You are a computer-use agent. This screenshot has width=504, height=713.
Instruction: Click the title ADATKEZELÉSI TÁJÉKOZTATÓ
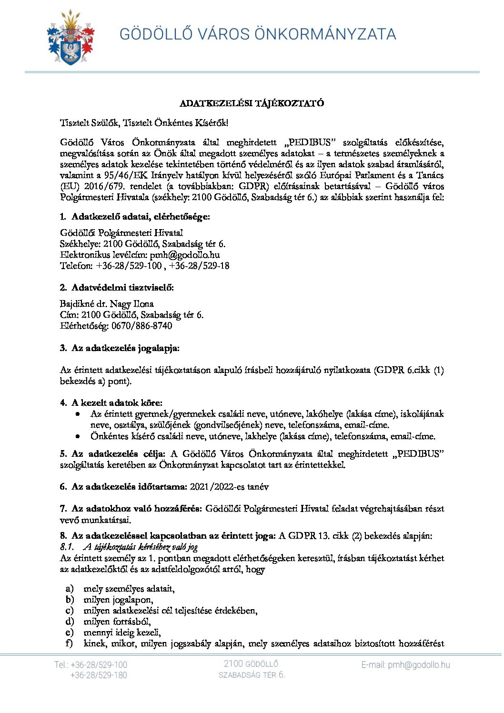coord(252,103)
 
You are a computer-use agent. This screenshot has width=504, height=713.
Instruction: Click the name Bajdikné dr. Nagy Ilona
coord(107,304)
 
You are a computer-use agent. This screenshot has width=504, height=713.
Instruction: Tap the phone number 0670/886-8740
coord(142,326)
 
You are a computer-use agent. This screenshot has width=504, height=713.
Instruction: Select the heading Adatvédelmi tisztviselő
coord(122,288)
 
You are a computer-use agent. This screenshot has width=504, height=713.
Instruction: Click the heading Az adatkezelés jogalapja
coord(125,348)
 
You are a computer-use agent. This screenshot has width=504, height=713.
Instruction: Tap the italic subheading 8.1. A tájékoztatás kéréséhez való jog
coord(129,547)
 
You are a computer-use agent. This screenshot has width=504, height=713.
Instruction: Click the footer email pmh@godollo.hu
coord(405,665)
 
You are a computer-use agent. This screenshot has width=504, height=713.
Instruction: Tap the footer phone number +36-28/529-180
coord(99,675)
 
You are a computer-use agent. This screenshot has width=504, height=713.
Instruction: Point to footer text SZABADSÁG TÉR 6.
coord(252,675)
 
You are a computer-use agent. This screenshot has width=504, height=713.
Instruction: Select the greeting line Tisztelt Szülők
coord(144,123)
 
